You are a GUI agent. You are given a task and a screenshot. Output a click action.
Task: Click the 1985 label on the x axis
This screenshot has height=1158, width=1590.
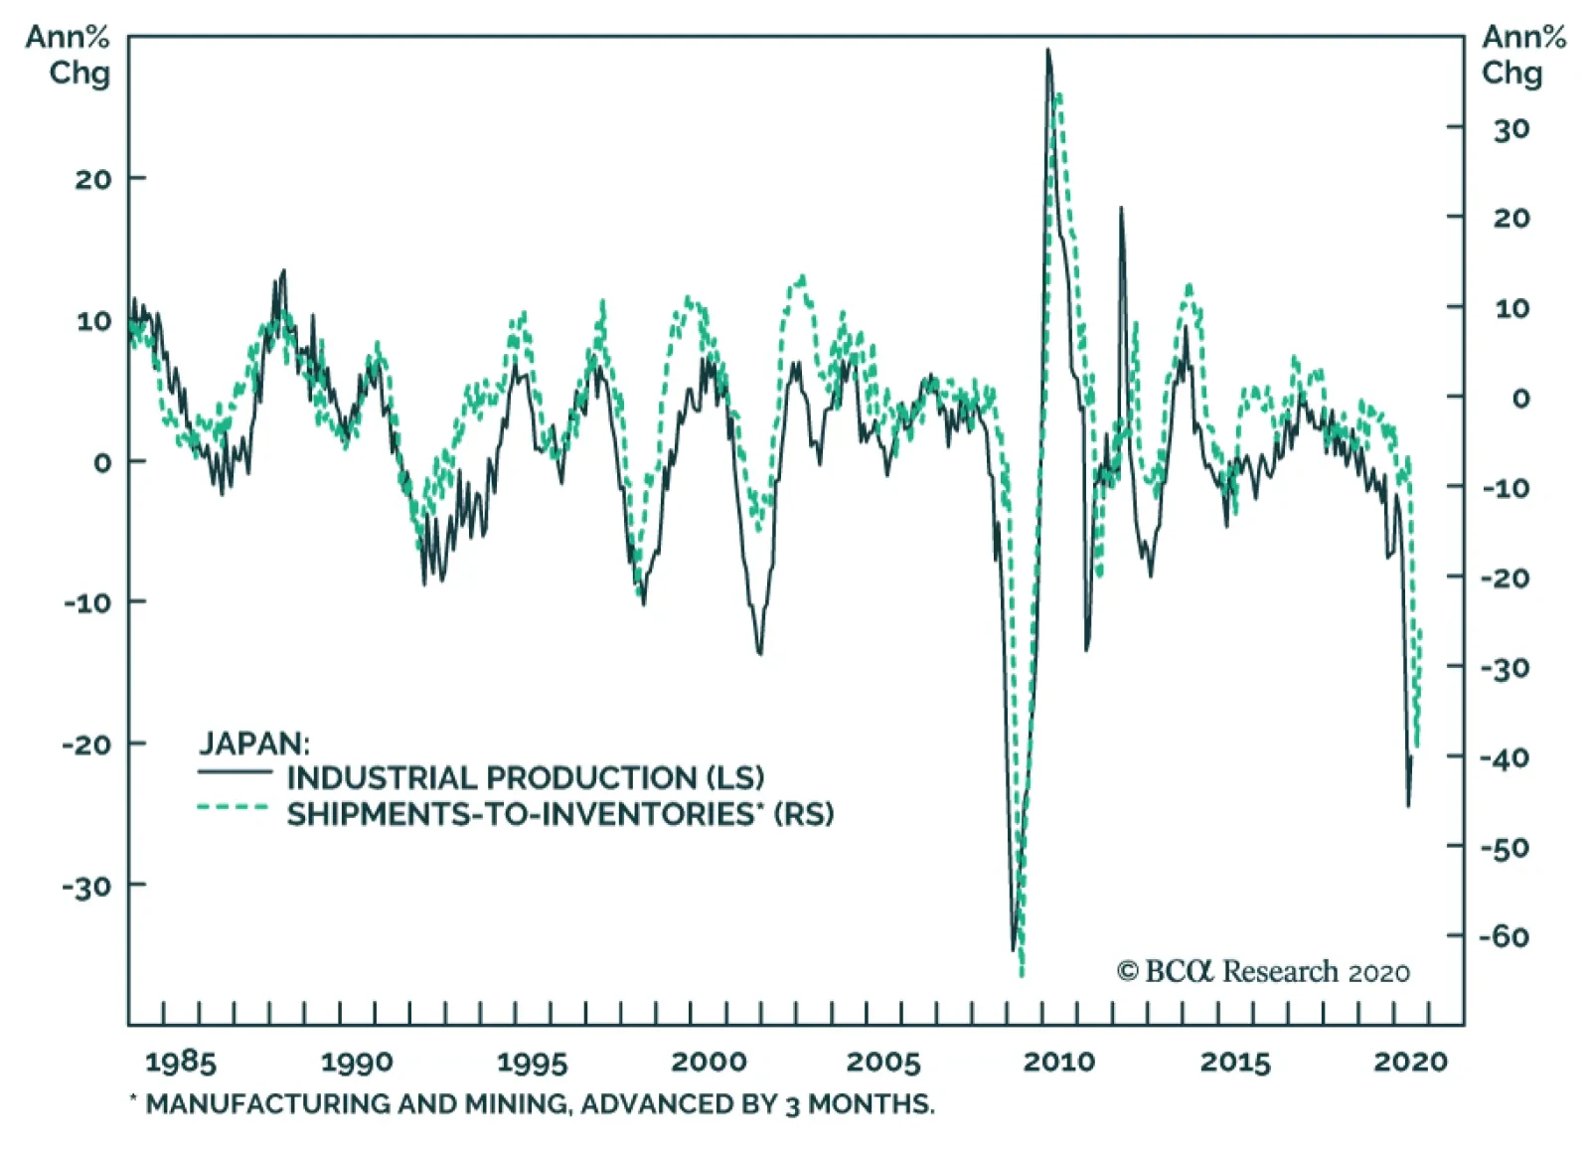(180, 1062)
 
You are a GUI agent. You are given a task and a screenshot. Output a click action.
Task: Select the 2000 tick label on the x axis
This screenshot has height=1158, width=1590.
(709, 1062)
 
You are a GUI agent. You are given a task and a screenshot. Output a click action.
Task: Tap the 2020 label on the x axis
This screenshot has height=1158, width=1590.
(1410, 1062)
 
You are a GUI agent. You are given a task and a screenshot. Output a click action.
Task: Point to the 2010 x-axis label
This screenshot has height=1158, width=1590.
(1058, 1062)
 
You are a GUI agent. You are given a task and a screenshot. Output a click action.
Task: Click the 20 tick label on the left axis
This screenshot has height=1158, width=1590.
(93, 179)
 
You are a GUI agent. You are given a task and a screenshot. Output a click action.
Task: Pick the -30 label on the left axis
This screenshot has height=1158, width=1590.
(87, 886)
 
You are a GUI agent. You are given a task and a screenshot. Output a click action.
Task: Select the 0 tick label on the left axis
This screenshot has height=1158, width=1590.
(102, 462)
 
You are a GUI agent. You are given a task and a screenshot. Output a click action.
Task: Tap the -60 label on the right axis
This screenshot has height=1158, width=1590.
(1504, 936)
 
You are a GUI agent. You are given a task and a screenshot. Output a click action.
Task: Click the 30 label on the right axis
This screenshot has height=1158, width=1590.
(1510, 129)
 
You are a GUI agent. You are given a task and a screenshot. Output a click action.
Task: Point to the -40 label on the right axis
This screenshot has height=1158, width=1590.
(1504, 757)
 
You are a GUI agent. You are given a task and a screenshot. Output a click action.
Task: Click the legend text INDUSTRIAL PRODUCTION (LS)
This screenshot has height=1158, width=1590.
(526, 777)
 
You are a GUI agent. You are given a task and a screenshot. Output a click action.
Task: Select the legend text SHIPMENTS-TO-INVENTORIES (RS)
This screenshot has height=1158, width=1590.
(560, 814)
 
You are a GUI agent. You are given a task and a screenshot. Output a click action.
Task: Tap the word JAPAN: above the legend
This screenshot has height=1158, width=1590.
(254, 743)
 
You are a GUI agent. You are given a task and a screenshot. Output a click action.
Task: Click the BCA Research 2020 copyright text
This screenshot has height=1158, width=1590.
(1263, 971)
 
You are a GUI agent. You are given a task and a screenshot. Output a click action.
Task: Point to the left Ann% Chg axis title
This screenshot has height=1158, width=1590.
(69, 55)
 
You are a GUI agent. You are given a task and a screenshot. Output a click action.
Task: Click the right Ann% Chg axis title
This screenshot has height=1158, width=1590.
(1522, 55)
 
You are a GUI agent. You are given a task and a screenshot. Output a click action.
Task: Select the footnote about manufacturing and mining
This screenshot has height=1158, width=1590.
(533, 1103)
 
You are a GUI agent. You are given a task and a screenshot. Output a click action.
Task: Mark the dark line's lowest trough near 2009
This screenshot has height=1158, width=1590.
(1014, 949)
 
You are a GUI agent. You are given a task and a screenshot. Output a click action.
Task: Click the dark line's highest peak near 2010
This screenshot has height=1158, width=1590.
(1047, 50)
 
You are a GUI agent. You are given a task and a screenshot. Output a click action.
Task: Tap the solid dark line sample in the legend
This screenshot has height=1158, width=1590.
(235, 772)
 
